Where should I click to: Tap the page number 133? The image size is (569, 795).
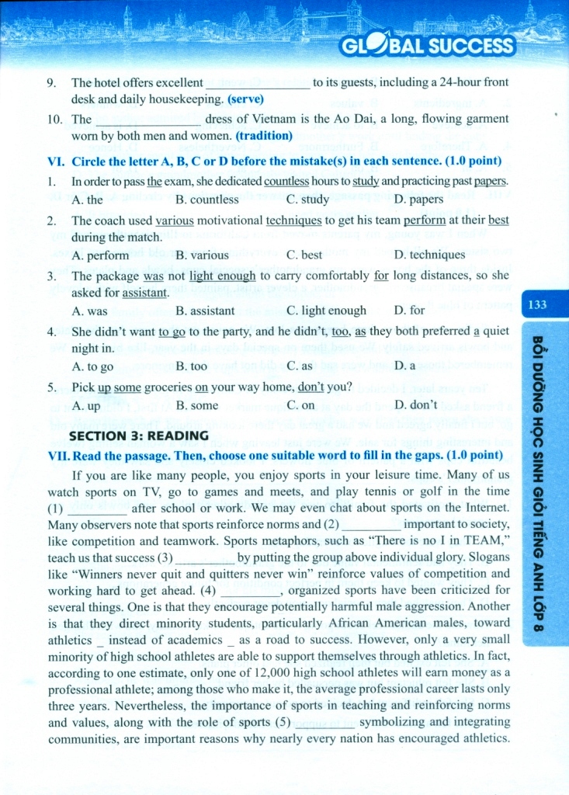[537, 305]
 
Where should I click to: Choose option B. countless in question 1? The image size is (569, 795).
[207, 200]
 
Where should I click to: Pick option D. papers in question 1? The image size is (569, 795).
[418, 200]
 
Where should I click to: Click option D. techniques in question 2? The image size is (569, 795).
[429, 255]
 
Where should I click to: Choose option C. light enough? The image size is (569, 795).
[326, 311]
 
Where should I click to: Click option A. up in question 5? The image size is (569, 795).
[85, 405]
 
